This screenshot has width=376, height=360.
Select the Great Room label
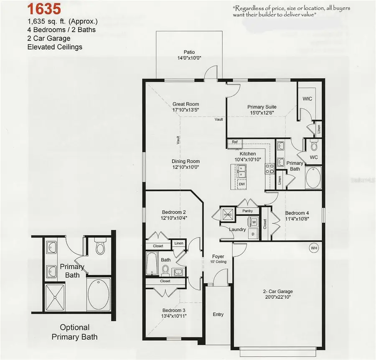[x=186, y=104]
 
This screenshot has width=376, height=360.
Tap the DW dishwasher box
[x=241, y=184]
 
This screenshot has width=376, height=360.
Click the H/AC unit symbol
[x=228, y=214]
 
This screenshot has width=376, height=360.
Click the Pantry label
[x=247, y=211]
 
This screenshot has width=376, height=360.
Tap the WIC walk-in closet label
[x=307, y=99]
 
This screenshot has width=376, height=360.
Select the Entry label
[x=218, y=314]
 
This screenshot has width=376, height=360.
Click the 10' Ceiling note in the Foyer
[x=218, y=262]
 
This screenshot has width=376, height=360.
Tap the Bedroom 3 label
[x=174, y=310]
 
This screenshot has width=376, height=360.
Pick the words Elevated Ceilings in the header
[x=55, y=47]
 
